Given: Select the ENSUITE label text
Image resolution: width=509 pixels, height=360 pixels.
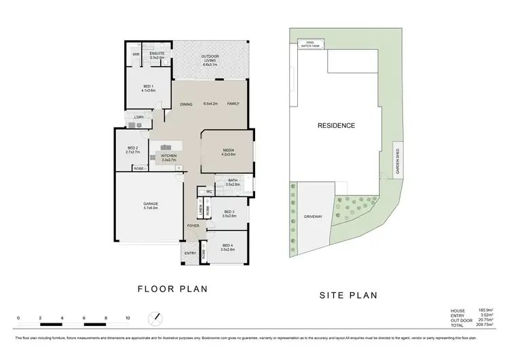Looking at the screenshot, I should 157,55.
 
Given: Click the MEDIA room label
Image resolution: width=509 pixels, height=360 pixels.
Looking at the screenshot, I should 228,152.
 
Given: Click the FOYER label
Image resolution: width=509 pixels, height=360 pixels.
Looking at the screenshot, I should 193,226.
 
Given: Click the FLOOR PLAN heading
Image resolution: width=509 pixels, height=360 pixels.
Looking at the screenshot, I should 172,289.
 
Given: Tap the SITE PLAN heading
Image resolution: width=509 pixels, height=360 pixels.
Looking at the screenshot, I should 347,295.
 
